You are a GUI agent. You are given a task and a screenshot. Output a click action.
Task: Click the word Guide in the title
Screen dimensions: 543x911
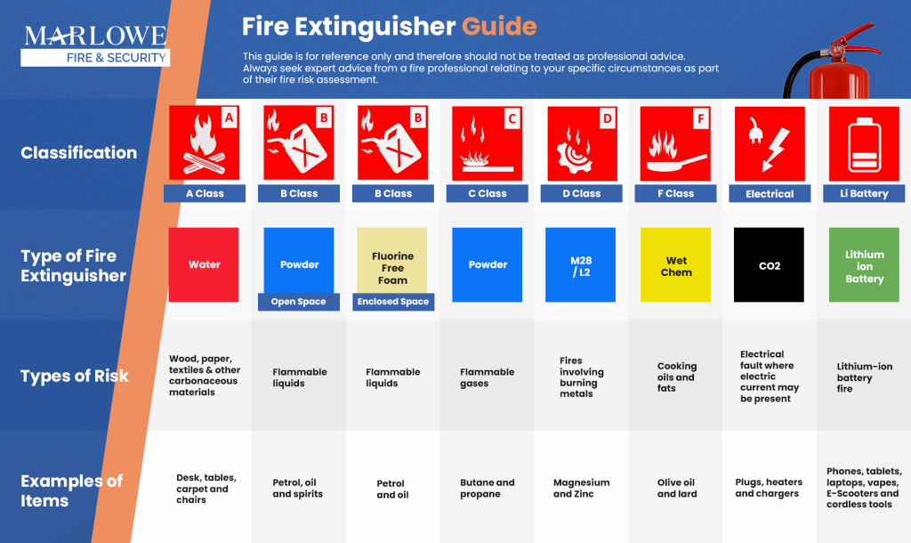click(x=499, y=25)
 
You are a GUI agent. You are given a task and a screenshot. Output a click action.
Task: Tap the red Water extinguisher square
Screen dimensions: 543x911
click(x=204, y=264)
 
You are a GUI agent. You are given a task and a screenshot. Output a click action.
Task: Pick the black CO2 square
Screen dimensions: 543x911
click(x=769, y=264)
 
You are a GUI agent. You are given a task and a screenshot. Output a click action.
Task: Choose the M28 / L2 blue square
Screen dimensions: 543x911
click(x=580, y=264)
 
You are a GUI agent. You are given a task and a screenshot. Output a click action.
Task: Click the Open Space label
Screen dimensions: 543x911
click(x=299, y=302)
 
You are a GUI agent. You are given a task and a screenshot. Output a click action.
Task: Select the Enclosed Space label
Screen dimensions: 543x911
click(x=392, y=302)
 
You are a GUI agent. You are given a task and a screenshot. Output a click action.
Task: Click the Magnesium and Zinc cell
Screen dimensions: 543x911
click(x=581, y=488)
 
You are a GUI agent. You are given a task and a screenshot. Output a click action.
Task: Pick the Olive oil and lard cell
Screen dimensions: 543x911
click(x=676, y=488)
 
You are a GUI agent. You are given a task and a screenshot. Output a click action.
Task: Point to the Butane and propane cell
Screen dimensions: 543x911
click(x=487, y=488)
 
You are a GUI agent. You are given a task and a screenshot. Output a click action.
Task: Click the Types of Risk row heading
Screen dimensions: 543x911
click(x=75, y=376)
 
